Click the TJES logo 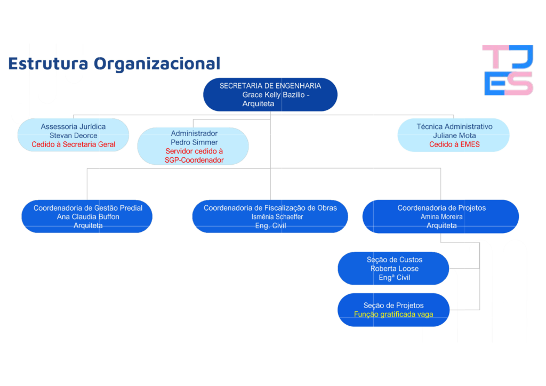pos(508,70)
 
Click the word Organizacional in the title pos(157,63)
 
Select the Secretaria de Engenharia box pos(270,95)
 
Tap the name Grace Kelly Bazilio pos(274,95)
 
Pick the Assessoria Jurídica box pos(74,135)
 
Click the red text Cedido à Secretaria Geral pos(74,144)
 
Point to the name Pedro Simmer pos(194,142)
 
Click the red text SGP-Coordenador pos(194,160)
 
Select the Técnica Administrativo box pos(454,135)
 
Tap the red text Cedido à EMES pos(454,144)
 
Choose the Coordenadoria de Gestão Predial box pos(87,216)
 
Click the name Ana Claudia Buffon pos(88,217)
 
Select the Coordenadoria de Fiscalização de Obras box pos(270,216)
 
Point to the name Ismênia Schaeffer pos(277,217)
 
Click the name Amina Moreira pos(441,217)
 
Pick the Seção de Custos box pos(394,268)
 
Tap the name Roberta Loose pos(395,269)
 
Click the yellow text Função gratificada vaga pos(394,315)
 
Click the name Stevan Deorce pos(74,135)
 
